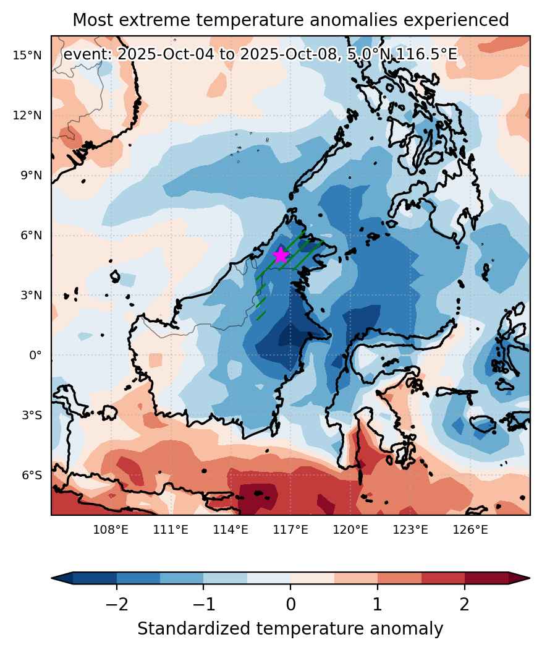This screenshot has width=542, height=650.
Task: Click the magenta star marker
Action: click(281, 255)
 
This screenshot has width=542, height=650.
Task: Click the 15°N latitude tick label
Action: click(27, 55)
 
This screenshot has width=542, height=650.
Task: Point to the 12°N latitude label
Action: click(27, 115)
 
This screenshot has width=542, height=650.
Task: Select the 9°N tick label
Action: click(31, 176)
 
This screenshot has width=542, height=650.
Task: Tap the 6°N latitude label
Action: click(31, 235)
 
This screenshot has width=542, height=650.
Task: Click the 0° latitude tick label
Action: click(35, 355)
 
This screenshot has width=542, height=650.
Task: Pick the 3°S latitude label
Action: click(32, 415)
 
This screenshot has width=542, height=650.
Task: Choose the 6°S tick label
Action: click(32, 475)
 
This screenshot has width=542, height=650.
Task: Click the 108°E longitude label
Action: click(111, 529)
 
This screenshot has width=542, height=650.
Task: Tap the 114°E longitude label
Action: click(231, 529)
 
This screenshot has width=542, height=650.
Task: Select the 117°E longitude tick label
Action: click(290, 529)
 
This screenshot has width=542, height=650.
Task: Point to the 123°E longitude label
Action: click(410, 529)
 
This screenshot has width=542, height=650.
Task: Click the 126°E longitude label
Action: click(470, 529)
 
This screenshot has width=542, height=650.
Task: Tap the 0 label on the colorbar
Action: click(290, 604)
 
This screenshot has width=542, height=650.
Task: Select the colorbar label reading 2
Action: click(465, 604)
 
